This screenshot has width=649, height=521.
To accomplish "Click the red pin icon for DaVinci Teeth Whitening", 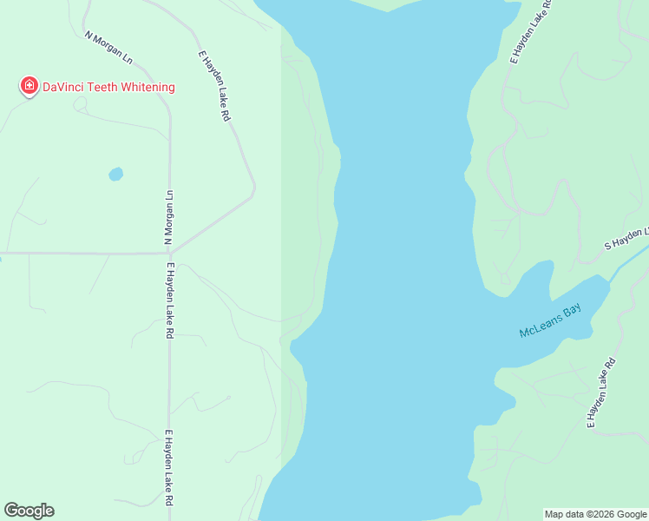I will click(29, 85).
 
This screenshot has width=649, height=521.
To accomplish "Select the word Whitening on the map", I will click(149, 87).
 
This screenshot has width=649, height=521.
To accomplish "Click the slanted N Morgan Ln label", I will click(108, 48).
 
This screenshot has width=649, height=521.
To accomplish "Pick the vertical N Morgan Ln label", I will click(170, 216).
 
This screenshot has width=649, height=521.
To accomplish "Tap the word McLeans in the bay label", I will click(539, 326).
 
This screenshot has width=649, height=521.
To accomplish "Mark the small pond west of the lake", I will click(115, 174).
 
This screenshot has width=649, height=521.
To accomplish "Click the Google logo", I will click(29, 511).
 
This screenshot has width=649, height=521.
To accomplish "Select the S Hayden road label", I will click(626, 239).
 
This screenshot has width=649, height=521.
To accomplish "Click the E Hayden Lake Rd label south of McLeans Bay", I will click(601, 393).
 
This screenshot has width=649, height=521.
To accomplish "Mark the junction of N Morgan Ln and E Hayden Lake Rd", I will click(170, 253).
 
